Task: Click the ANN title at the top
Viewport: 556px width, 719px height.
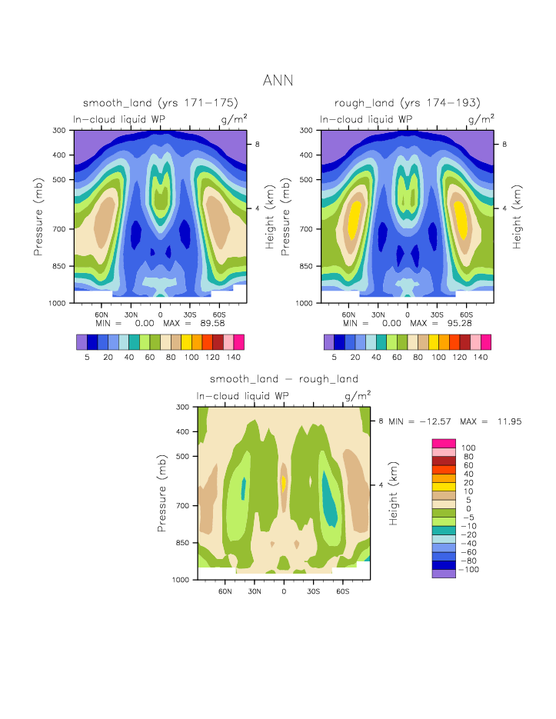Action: (x=278, y=80)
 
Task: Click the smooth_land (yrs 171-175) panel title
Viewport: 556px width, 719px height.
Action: (x=161, y=103)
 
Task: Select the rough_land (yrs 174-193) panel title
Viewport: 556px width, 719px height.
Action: (x=408, y=103)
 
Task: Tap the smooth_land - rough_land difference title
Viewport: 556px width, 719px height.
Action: (x=284, y=379)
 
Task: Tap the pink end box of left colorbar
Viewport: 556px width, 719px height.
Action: (x=239, y=342)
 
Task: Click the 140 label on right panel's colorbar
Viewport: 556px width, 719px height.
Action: (x=481, y=358)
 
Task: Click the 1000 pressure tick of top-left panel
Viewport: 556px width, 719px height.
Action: (x=58, y=303)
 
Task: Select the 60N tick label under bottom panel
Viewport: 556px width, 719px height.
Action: (x=225, y=591)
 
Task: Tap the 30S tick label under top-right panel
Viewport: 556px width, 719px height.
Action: (x=436, y=315)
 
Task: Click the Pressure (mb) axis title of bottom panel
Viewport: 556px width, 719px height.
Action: (x=162, y=492)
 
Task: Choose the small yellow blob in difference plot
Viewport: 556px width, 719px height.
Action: (x=285, y=482)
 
